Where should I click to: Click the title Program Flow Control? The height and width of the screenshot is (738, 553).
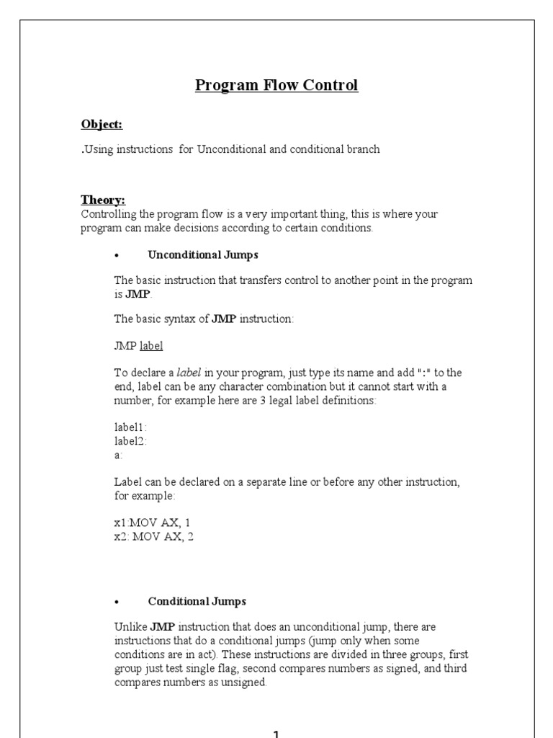(x=276, y=86)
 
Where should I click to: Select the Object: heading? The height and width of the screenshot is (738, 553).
(x=102, y=125)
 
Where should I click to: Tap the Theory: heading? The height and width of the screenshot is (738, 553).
(x=103, y=200)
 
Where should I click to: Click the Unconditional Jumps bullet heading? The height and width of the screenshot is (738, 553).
(x=202, y=254)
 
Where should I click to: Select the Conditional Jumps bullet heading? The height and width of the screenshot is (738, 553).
(x=197, y=601)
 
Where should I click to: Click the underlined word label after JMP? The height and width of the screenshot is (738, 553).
(x=151, y=346)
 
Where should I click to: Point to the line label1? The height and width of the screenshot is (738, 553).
(x=130, y=427)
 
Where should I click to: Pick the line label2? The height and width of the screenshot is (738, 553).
(x=130, y=441)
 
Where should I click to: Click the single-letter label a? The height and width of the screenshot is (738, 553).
(x=118, y=455)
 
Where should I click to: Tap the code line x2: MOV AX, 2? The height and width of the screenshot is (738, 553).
(x=154, y=537)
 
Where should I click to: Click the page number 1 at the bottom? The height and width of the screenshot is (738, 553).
(x=276, y=732)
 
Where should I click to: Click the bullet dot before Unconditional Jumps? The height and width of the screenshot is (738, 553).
(x=117, y=255)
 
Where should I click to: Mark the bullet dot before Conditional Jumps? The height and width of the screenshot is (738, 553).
(x=117, y=602)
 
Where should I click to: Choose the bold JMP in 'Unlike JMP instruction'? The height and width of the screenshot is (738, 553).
(x=163, y=627)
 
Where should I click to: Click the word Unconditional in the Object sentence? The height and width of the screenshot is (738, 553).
(x=234, y=150)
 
